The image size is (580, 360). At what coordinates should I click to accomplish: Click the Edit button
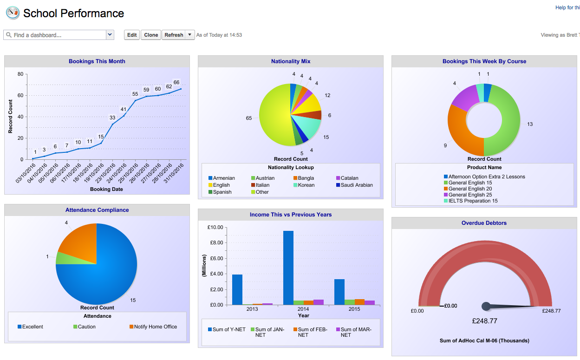point(132,35)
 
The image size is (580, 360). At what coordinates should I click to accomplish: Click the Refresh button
point(174,35)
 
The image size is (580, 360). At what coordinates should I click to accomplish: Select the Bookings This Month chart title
point(97,61)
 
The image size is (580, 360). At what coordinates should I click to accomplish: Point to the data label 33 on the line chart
point(112,118)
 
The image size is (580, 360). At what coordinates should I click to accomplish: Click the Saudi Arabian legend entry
point(354,185)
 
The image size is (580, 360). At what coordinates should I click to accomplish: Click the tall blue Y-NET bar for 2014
point(288,268)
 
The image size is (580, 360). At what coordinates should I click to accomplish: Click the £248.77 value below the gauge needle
point(485,321)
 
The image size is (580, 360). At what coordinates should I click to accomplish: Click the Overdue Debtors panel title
point(484,223)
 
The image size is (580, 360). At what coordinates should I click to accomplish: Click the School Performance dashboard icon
point(13,13)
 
